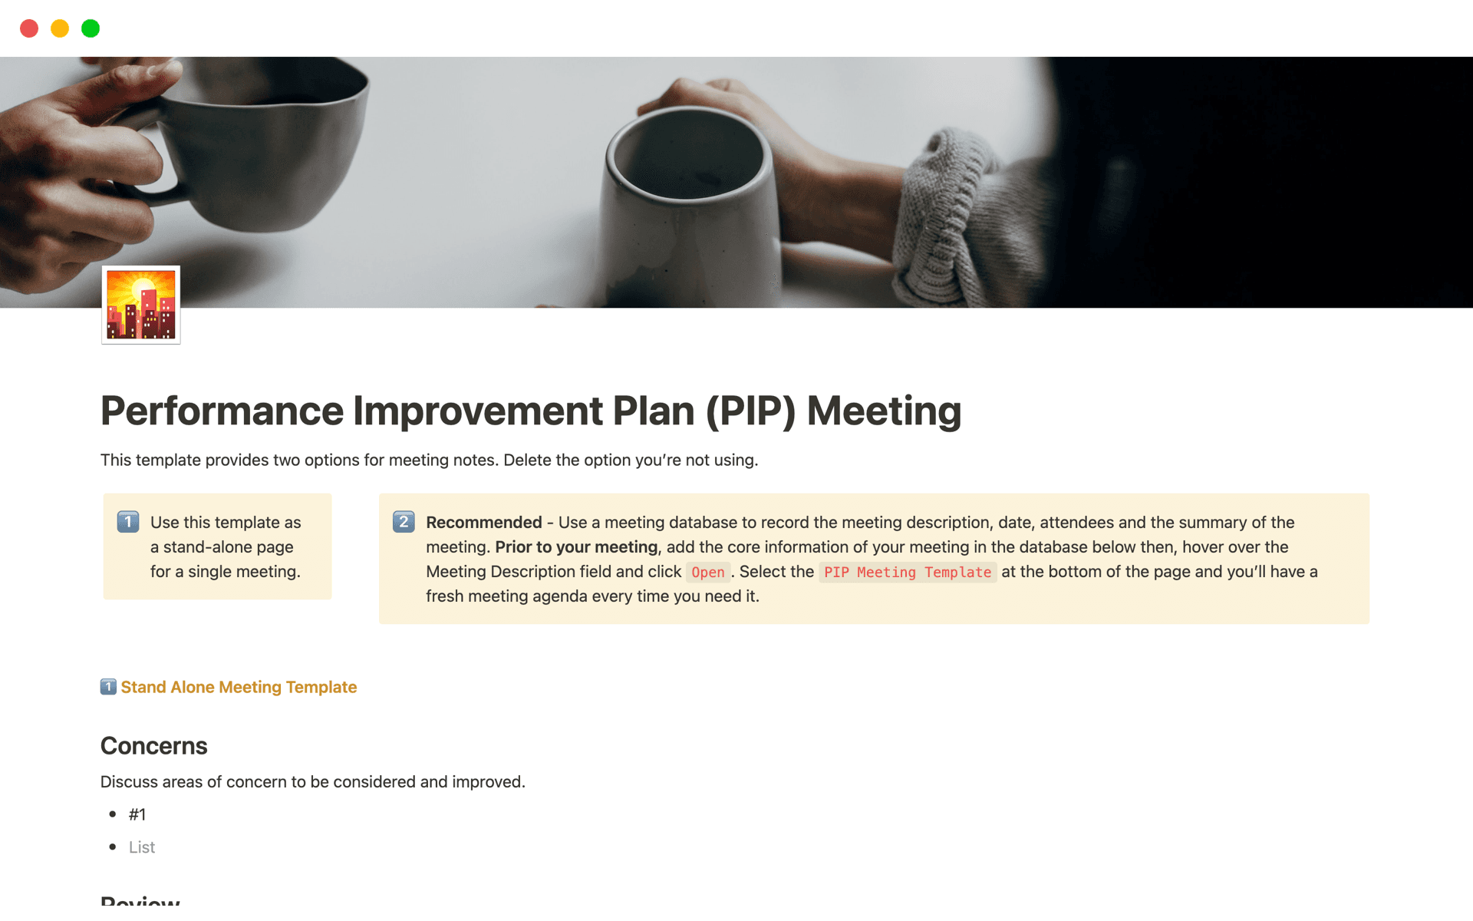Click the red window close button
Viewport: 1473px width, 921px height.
tap(29, 28)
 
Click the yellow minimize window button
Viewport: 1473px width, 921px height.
tap(60, 28)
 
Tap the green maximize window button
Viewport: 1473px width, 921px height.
tap(91, 28)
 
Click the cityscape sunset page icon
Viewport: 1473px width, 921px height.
tap(141, 305)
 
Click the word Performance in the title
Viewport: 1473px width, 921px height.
tap(222, 411)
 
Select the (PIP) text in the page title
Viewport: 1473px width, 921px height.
tap(751, 411)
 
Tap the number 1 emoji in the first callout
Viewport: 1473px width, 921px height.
tap(128, 522)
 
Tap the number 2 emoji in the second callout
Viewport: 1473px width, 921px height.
tap(404, 522)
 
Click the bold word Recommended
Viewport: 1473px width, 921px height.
tap(484, 523)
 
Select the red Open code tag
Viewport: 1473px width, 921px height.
tap(708, 572)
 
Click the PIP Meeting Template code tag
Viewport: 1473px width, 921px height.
tap(908, 572)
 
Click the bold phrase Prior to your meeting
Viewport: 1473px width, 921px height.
tap(576, 547)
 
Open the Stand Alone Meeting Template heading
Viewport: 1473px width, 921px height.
tap(239, 687)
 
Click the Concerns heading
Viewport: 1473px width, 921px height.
tap(154, 746)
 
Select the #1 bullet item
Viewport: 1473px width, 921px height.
tap(137, 814)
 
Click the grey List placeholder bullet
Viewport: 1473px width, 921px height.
tap(142, 847)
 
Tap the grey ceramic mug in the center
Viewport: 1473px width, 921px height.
tap(687, 207)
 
